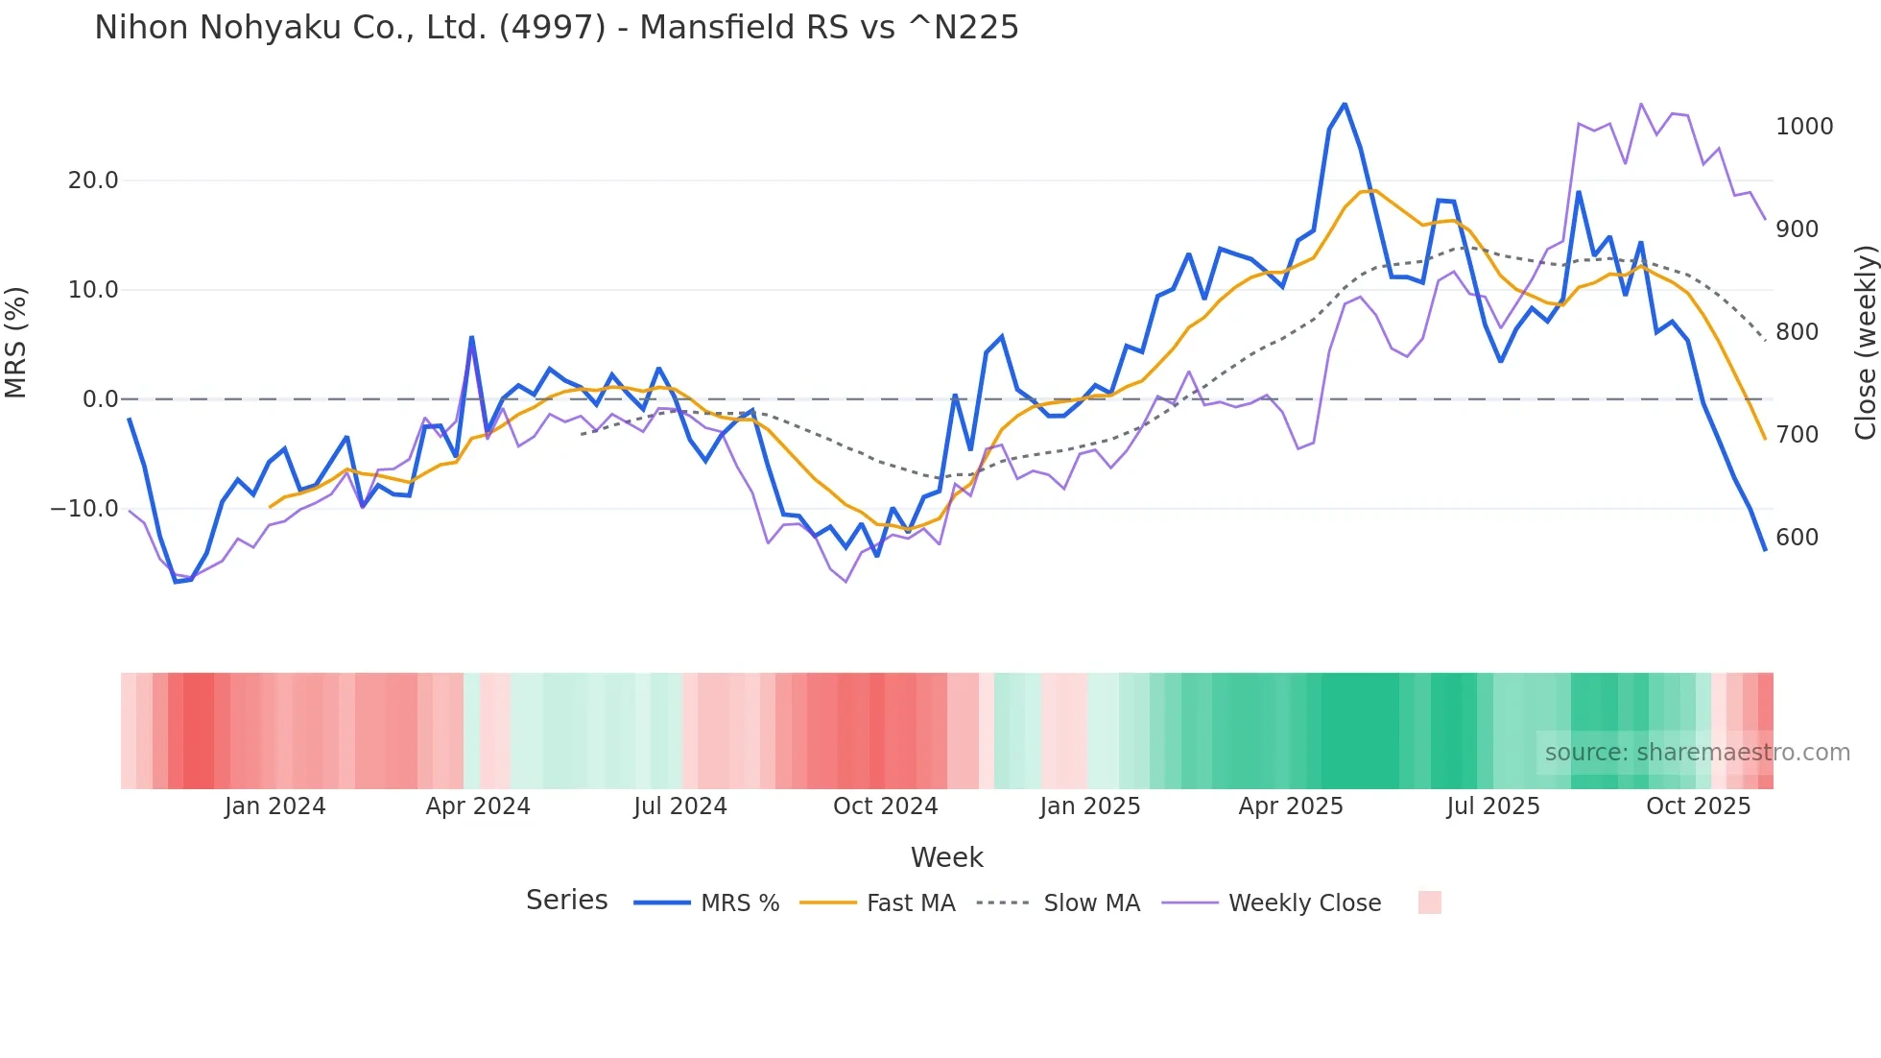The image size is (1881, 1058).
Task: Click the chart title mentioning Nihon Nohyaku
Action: pos(556,28)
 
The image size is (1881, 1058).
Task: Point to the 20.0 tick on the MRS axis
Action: pos(93,180)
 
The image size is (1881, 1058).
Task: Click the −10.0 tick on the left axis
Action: pos(84,509)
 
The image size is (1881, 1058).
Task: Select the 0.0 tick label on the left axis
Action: pos(101,399)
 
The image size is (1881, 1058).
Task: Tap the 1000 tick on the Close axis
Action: pos(1804,127)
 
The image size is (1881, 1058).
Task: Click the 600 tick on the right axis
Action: pos(1797,538)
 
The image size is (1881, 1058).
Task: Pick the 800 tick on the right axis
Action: pos(1797,332)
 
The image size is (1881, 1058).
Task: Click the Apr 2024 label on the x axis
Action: pos(478,806)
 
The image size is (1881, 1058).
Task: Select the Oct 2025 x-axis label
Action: pos(1698,806)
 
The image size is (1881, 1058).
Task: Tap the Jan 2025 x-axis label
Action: pos(1089,806)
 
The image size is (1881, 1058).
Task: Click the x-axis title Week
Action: pos(946,857)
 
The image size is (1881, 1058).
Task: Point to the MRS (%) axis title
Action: pos(16,342)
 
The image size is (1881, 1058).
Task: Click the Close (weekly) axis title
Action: pos(1865,342)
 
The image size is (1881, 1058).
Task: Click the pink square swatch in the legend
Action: pos(1429,902)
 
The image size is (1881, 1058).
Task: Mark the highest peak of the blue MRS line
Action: pos(1345,104)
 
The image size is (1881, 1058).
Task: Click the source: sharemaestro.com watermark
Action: pos(1697,753)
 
